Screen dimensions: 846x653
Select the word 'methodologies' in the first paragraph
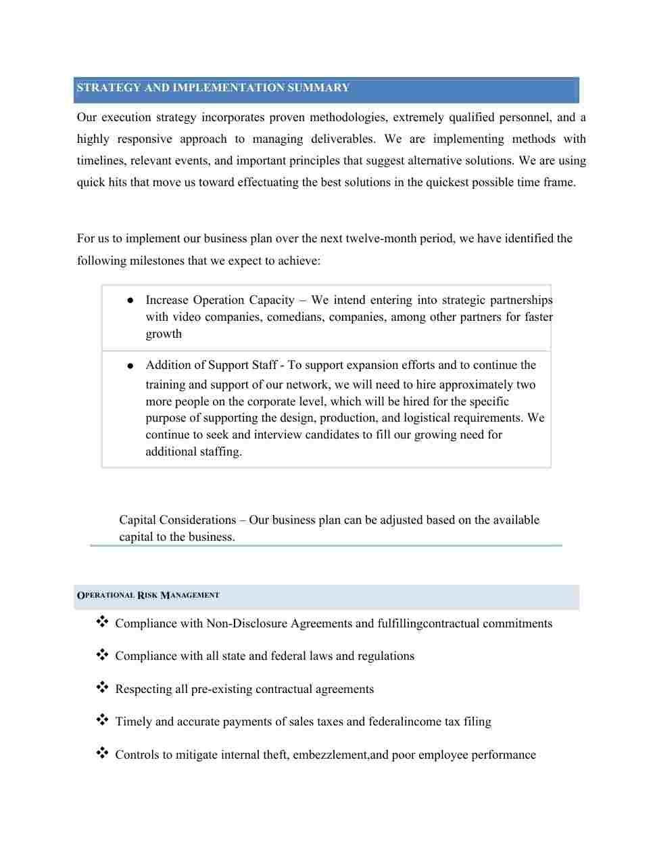[x=347, y=118]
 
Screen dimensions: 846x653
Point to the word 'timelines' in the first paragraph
[x=100, y=161]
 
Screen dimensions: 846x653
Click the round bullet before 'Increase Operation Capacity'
[x=130, y=300]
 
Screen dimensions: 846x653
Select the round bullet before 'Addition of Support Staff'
[x=130, y=366]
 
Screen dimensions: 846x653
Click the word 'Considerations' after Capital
[x=194, y=520]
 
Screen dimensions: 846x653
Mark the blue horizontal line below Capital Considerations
[x=326, y=546]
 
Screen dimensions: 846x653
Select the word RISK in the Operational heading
[x=147, y=596]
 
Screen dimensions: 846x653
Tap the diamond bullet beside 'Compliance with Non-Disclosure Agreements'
[x=102, y=622]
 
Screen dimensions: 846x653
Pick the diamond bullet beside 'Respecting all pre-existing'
[x=102, y=688]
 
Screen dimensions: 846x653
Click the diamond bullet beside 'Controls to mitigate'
[x=102, y=753]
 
